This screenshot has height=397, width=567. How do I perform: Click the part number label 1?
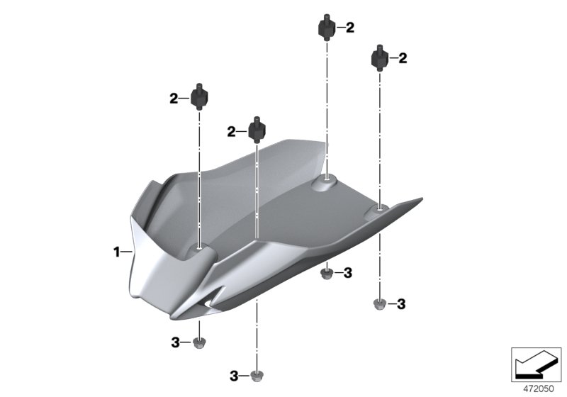[x=118, y=252]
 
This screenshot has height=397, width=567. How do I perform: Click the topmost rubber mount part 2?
[x=326, y=29]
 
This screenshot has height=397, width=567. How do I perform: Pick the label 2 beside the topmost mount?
[x=349, y=28]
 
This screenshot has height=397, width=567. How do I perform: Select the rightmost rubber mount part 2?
[x=380, y=58]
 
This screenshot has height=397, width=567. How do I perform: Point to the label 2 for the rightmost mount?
[x=403, y=58]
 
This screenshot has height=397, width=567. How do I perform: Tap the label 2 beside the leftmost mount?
[x=174, y=99]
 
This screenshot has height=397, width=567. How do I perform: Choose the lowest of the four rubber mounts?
[x=257, y=131]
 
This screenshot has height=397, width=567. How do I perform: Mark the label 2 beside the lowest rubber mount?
[x=231, y=131]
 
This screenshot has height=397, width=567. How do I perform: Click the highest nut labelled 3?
[x=327, y=272]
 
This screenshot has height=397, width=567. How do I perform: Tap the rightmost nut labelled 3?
[x=379, y=305]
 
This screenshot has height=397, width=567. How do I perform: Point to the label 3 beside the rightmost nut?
[x=401, y=304]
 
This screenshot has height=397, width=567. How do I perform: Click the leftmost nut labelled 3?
[x=199, y=343]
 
